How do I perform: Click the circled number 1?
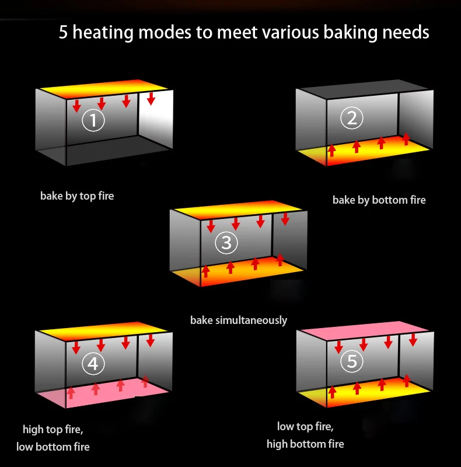click(93, 120)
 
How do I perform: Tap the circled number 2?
click(352, 118)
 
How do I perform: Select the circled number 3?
click(226, 243)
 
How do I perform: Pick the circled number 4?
click(93, 364)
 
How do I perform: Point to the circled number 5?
click(352, 361)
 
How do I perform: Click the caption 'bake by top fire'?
click(77, 196)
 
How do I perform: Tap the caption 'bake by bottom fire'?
click(379, 200)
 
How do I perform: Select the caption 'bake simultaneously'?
click(239, 320)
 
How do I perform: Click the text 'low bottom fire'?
click(53, 447)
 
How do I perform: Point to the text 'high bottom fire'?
click(305, 444)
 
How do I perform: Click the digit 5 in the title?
click(63, 32)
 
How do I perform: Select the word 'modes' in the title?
click(165, 32)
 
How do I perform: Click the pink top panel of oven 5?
click(365, 330)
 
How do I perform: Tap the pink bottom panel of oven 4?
click(103, 393)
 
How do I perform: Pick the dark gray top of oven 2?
click(364, 89)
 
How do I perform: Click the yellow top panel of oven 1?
click(104, 89)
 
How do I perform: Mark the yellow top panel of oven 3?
click(238, 210)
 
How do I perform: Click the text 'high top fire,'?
click(53, 430)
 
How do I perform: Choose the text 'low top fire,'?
click(305, 427)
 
